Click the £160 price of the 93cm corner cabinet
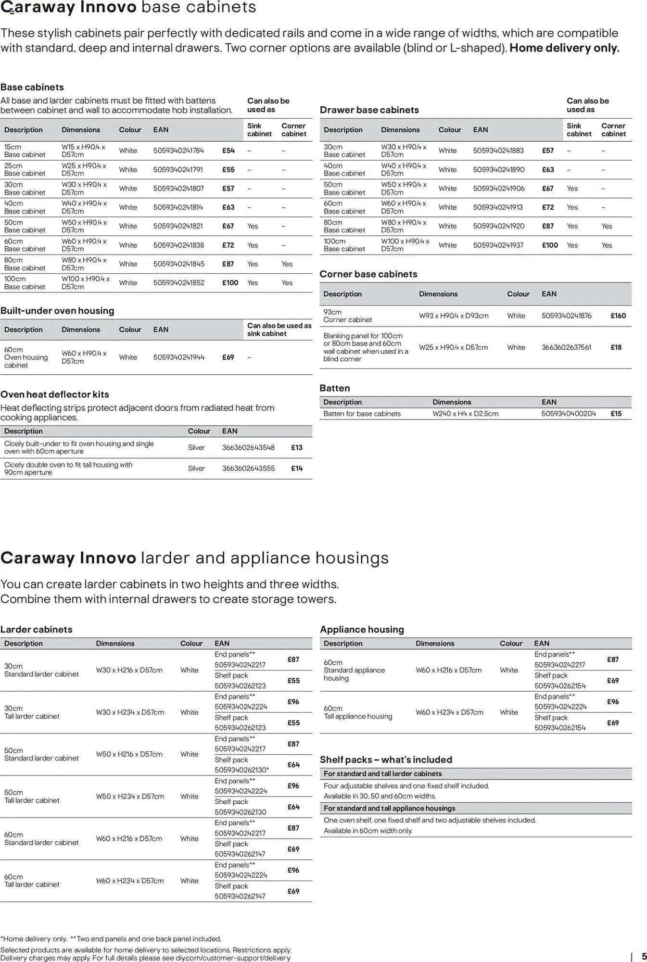click(618, 316)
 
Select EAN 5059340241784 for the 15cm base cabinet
click(178, 151)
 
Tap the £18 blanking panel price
click(616, 347)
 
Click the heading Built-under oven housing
click(57, 311)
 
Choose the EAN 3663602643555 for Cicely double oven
click(248, 468)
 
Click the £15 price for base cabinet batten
click(616, 414)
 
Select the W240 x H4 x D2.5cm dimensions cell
click(465, 414)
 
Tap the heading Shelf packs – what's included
click(386, 759)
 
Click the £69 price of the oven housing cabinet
click(228, 357)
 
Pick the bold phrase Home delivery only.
click(564, 48)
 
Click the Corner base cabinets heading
click(368, 274)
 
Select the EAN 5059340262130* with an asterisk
click(241, 770)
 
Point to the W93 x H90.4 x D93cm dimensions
click(454, 316)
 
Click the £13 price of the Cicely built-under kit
click(296, 448)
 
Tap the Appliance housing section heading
click(362, 629)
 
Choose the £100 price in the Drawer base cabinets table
click(550, 245)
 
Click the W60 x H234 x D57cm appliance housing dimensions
click(449, 712)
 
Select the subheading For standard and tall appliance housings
click(389, 808)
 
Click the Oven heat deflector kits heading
click(55, 394)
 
